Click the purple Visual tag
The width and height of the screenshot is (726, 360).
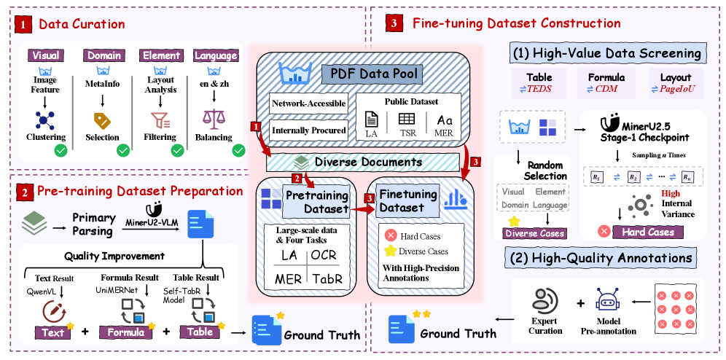coord(46,55)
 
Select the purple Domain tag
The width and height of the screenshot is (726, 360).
coord(104,55)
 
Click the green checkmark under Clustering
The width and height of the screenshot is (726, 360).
coord(61,151)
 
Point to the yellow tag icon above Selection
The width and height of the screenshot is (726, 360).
coord(102,120)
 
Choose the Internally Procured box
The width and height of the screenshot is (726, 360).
coord(308,130)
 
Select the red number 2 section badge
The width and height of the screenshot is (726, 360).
coord(26,193)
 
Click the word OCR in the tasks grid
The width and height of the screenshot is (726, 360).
coord(324,256)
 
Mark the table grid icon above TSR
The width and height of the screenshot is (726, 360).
coord(407,118)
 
